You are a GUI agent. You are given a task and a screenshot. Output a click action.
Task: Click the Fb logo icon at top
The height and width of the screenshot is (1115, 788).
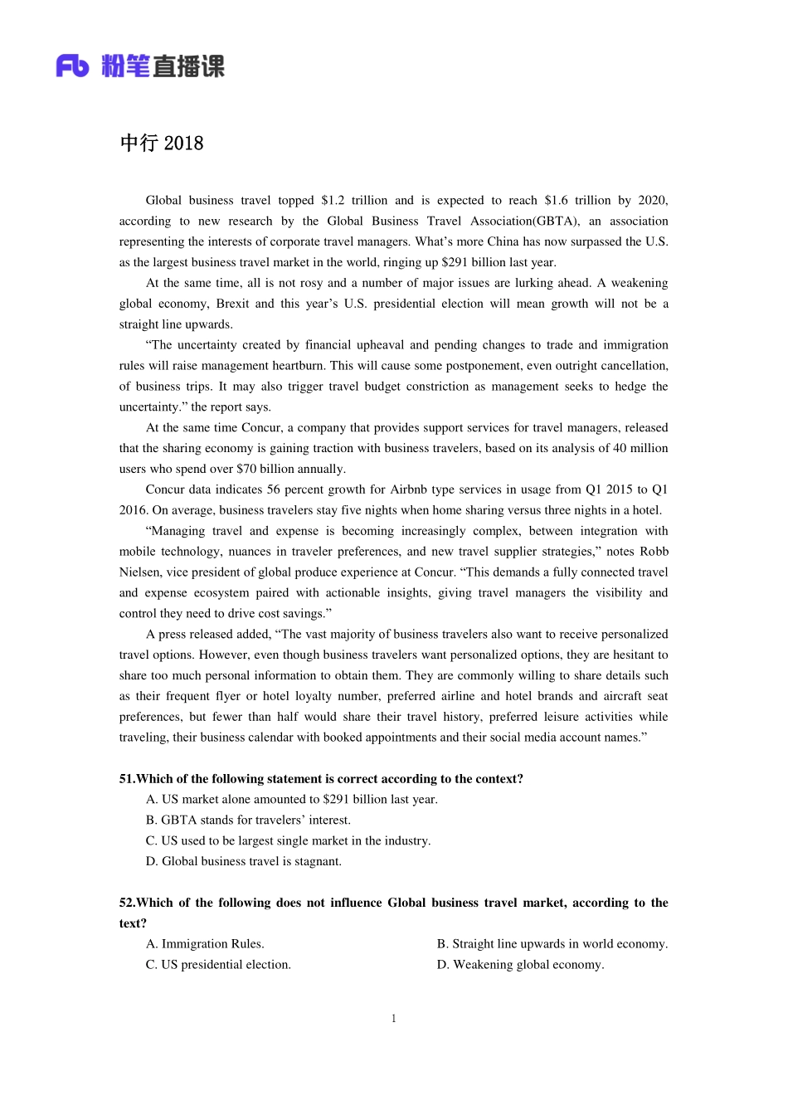pyautogui.click(x=72, y=66)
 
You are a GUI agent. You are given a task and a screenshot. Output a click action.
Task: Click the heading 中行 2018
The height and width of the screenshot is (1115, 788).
pyautogui.click(x=162, y=144)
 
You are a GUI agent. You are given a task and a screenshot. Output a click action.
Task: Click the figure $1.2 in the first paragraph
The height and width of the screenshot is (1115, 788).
pyautogui.click(x=333, y=200)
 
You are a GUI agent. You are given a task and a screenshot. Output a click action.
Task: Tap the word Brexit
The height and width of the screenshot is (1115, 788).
pyautogui.click(x=232, y=304)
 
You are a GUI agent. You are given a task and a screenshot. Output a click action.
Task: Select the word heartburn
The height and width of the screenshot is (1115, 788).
pyautogui.click(x=299, y=366)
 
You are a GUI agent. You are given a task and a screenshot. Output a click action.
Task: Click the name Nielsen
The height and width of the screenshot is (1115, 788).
pyautogui.click(x=140, y=572)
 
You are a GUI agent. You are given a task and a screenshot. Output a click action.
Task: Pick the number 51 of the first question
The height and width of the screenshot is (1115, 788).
pyautogui.click(x=126, y=779)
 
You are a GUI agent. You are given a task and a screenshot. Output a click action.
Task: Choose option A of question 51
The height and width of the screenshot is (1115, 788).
pyautogui.click(x=291, y=800)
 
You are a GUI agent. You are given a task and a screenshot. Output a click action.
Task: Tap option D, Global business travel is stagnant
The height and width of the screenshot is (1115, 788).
pyautogui.click(x=243, y=862)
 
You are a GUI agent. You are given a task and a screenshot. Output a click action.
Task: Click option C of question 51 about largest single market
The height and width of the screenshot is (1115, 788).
pyautogui.click(x=288, y=841)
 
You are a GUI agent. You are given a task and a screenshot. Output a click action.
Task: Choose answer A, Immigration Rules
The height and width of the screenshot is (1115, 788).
pyautogui.click(x=205, y=944)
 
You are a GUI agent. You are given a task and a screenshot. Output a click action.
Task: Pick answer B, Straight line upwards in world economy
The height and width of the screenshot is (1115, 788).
pyautogui.click(x=552, y=944)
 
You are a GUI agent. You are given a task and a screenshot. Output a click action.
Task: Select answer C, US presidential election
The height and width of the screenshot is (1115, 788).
pyautogui.click(x=218, y=965)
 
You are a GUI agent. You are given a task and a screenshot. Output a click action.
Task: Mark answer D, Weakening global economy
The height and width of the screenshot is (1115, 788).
pyautogui.click(x=520, y=965)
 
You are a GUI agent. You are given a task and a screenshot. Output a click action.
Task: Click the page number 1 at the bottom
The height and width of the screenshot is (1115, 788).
pyautogui.click(x=394, y=1019)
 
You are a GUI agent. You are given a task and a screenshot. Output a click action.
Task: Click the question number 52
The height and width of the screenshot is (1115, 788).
pyautogui.click(x=126, y=903)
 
